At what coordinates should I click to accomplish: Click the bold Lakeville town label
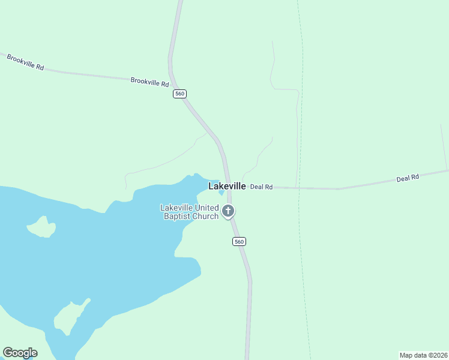click(x=227, y=187)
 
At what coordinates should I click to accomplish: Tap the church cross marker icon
click(x=228, y=211)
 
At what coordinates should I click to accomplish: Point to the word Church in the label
click(x=206, y=216)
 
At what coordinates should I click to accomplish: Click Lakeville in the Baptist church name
click(x=176, y=208)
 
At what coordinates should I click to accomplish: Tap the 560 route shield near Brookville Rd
click(x=179, y=94)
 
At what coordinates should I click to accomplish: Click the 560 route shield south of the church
click(x=239, y=241)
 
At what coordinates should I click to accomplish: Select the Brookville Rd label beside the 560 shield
click(x=149, y=82)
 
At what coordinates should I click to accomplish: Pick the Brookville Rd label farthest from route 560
click(x=25, y=62)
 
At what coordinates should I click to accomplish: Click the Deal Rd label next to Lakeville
click(x=261, y=187)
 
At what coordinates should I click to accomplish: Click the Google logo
click(x=20, y=353)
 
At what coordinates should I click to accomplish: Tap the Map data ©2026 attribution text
click(x=423, y=355)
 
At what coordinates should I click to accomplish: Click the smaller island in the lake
click(x=42, y=227)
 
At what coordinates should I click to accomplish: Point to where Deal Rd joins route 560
click(x=229, y=186)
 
